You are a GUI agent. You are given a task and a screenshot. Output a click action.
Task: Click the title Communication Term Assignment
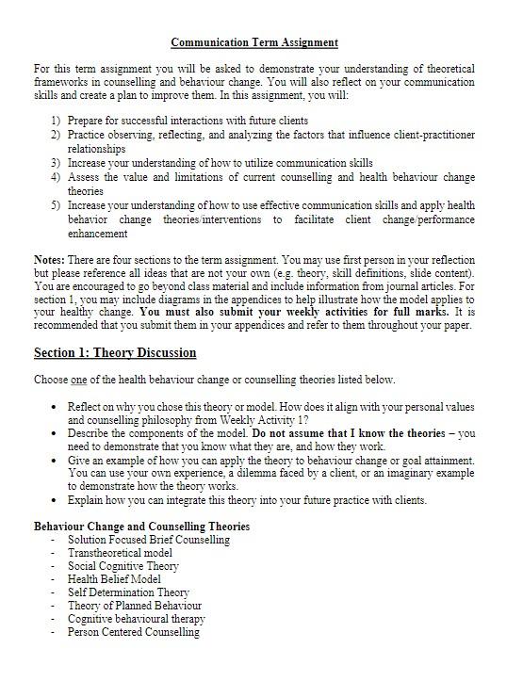point(254,42)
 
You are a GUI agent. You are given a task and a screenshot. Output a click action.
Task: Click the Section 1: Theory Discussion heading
point(115,352)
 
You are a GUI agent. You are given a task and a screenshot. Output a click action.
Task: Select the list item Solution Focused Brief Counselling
point(148,540)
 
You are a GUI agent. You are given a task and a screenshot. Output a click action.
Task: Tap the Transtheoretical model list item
point(120,553)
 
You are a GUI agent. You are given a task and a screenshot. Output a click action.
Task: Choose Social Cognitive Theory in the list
point(123,566)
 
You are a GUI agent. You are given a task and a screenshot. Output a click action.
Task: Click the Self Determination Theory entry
point(128,592)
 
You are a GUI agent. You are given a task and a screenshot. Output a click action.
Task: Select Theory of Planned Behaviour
point(134,606)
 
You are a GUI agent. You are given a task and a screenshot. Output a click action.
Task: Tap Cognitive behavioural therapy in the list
point(136,619)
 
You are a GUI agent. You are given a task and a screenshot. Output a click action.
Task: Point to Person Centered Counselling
point(133,632)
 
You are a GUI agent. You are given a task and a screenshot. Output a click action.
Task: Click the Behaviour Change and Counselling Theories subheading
point(141,526)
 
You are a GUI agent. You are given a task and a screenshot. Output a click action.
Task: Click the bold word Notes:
point(49,259)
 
